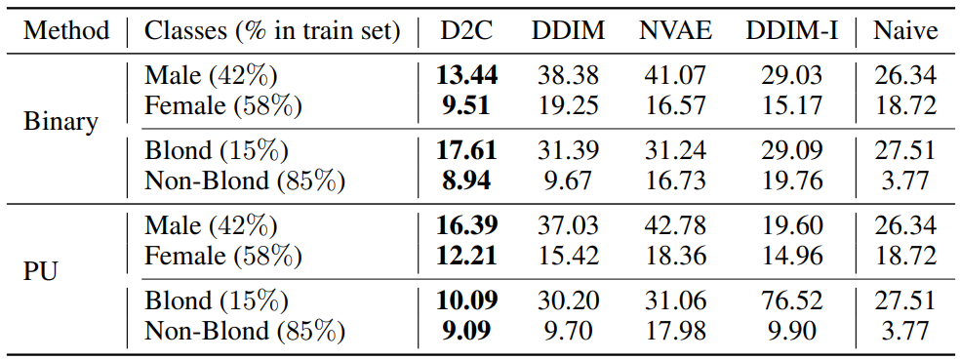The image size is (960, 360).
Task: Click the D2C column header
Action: pyautogui.click(x=466, y=30)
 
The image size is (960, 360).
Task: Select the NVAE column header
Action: pyautogui.click(x=675, y=30)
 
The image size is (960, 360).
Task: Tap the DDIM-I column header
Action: pyautogui.click(x=791, y=30)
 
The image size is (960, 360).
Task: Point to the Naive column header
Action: pyautogui.click(x=905, y=30)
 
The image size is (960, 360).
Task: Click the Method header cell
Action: pyautogui.click(x=66, y=30)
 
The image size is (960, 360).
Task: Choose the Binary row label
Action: pyautogui.click(x=61, y=123)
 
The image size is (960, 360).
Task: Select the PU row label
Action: pyautogui.click(x=40, y=272)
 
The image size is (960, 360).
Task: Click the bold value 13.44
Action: pyautogui.click(x=466, y=76)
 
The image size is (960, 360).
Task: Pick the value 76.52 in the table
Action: pyautogui.click(x=791, y=301)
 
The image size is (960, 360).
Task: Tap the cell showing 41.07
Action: pyautogui.click(x=675, y=76)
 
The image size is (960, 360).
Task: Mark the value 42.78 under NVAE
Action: pyautogui.click(x=675, y=226)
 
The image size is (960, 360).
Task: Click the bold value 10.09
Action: pyautogui.click(x=466, y=301)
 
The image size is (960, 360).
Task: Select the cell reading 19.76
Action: pyautogui.click(x=791, y=180)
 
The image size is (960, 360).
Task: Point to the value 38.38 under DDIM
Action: pyautogui.click(x=568, y=76)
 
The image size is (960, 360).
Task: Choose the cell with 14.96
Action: pyautogui.click(x=791, y=257)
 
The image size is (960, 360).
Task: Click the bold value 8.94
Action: pyautogui.click(x=466, y=180)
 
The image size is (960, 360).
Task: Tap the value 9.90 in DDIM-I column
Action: pyautogui.click(x=791, y=332)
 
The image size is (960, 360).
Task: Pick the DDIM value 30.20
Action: pyautogui.click(x=568, y=301)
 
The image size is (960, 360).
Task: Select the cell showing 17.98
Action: pyautogui.click(x=675, y=332)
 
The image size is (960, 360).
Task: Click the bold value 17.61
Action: pyautogui.click(x=466, y=151)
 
